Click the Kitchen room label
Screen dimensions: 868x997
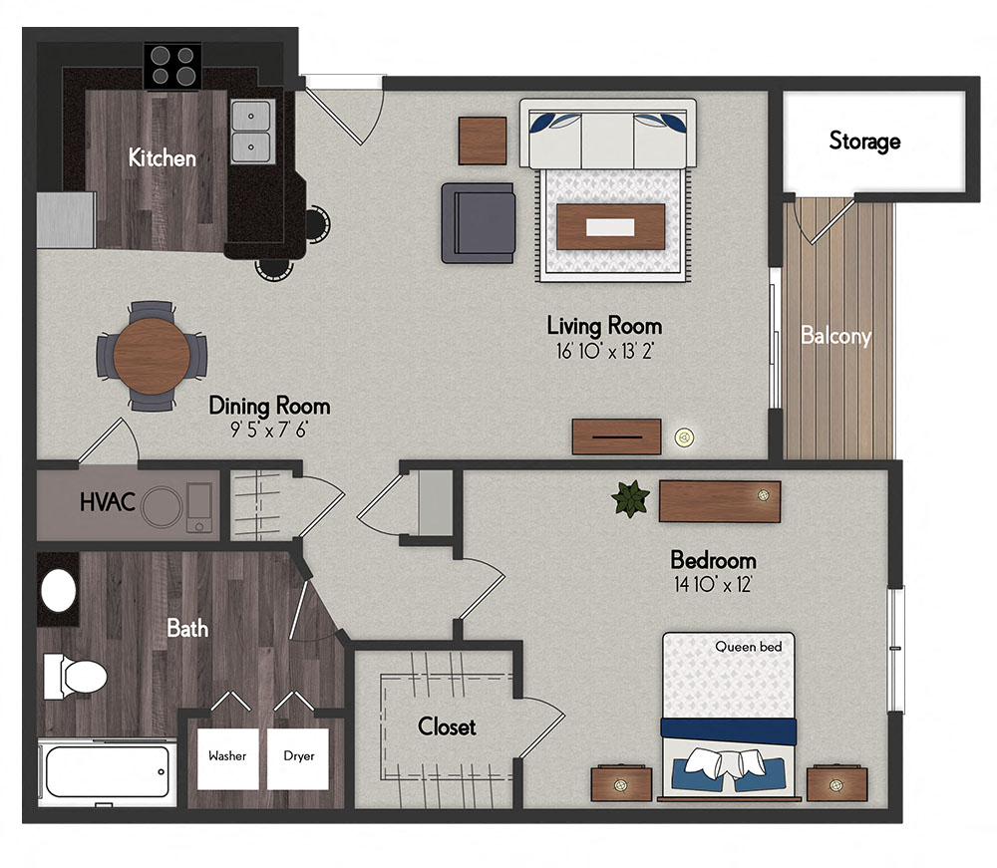pos(162,157)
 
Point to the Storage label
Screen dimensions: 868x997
pos(864,142)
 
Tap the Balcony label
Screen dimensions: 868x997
pos(835,336)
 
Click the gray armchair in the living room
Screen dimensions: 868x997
pos(480,221)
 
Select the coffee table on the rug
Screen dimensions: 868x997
pos(611,227)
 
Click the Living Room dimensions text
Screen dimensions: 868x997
pos(604,351)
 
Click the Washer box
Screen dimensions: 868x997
pos(227,756)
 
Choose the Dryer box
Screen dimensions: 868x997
pos(298,756)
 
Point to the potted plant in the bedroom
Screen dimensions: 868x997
pos(630,498)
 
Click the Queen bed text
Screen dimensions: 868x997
pos(748,647)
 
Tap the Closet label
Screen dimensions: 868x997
pos(447,726)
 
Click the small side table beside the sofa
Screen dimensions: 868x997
pos(483,141)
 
